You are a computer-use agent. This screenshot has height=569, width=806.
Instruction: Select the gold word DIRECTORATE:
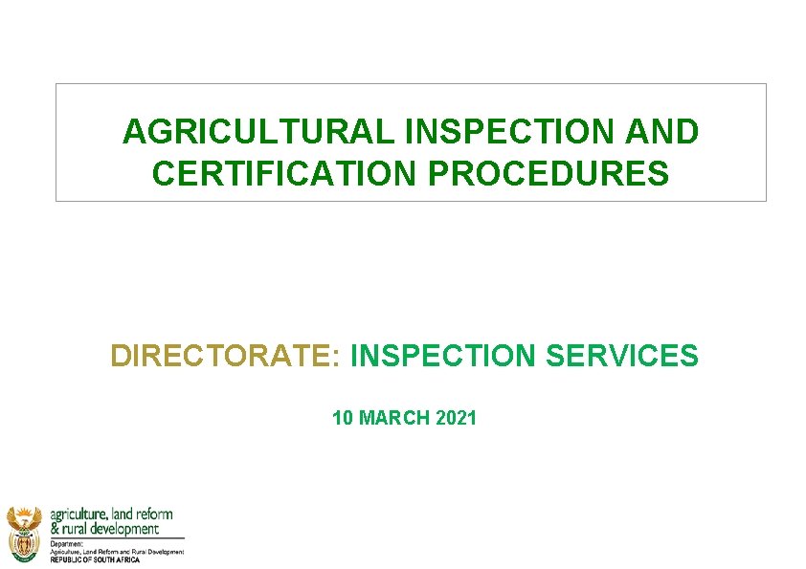[x=225, y=356]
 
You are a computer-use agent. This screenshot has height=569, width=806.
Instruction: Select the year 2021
[x=456, y=418]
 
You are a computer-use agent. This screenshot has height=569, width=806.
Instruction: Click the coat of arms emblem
[x=23, y=533]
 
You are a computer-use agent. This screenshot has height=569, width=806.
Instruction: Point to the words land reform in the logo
[x=143, y=514]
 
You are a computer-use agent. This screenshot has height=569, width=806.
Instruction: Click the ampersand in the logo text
[x=55, y=529]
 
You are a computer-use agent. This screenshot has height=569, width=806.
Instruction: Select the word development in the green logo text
[x=125, y=529]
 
